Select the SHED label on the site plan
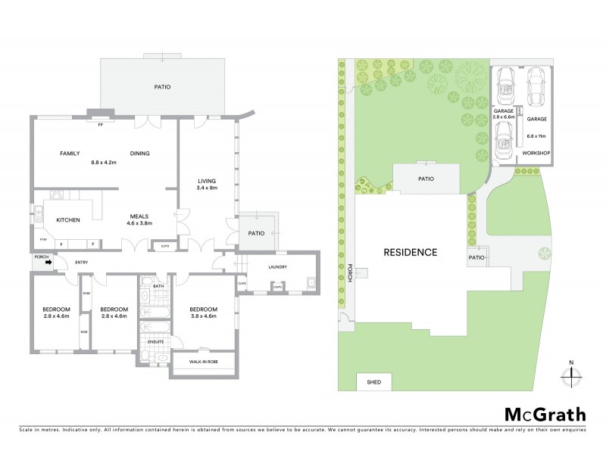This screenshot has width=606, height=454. point(373,382)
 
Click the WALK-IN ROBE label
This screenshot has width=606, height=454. point(203,362)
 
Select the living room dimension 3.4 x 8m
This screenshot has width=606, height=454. point(208,188)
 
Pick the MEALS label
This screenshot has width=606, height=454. point(138,215)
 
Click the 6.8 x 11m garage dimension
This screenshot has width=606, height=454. point(536,136)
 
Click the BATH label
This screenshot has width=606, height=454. point(158,286)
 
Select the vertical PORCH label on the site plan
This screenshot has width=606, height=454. point(350,273)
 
